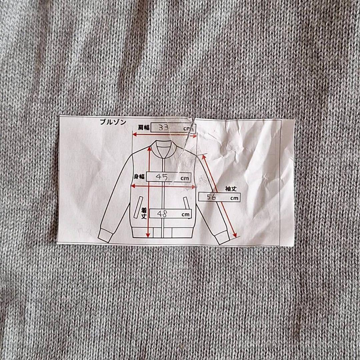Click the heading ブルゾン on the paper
tap(113, 122)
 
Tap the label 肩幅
tap(144, 127)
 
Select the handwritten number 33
tap(164, 127)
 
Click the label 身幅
tap(139, 177)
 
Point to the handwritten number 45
tap(162, 177)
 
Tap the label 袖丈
tap(231, 189)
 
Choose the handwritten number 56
tap(211, 197)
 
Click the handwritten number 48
tap(162, 214)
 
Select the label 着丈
tap(144, 213)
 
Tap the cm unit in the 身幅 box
tap(184, 178)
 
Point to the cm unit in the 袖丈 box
tap(234, 198)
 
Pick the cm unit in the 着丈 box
tap(186, 215)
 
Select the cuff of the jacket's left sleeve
tap(105, 236)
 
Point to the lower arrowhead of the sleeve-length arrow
tap(235, 235)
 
